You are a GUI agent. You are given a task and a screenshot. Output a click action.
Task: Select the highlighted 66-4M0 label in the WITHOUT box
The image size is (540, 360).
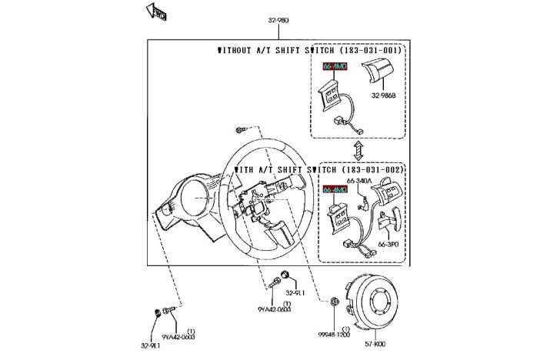(334, 68)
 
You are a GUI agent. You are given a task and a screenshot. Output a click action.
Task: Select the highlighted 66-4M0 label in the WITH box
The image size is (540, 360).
(335, 188)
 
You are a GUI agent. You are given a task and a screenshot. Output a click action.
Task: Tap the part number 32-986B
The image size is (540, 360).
(383, 96)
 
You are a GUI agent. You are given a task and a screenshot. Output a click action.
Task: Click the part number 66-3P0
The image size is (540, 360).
(388, 245)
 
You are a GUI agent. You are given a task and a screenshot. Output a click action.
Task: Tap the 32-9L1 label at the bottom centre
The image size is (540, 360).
(295, 293)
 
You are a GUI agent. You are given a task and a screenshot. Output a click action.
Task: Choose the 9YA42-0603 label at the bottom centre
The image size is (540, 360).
(273, 310)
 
